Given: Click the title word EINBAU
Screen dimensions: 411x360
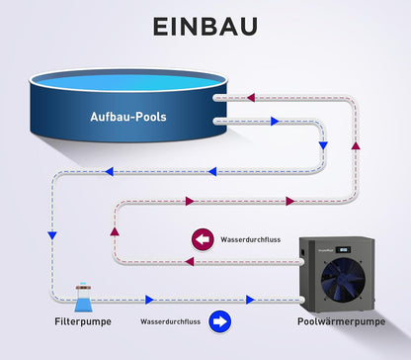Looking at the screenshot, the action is (x=205, y=27).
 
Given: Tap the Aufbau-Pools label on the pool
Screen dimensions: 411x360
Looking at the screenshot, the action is (x=128, y=117).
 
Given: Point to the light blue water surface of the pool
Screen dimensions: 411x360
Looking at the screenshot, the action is (x=128, y=82).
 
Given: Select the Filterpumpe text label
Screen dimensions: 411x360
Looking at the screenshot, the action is (x=83, y=321).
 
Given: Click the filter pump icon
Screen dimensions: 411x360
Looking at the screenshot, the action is (x=83, y=298).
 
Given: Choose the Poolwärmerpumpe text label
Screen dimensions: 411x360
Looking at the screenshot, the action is (x=341, y=321).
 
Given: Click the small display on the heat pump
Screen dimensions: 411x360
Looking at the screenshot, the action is (x=343, y=250).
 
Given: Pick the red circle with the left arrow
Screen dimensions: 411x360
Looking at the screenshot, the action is (x=203, y=239).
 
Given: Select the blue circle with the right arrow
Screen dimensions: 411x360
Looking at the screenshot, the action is (x=219, y=321).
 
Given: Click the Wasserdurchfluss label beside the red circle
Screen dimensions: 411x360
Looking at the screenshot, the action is (x=251, y=239).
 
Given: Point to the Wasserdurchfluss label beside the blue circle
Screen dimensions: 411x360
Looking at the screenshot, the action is (x=170, y=321).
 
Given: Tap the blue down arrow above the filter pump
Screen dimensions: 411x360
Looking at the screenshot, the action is (x=52, y=235).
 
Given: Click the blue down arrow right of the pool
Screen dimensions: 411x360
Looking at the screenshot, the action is (x=323, y=145).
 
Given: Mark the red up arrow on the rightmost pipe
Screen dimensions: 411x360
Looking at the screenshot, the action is (x=356, y=145).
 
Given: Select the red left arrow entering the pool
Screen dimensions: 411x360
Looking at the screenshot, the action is (x=251, y=98).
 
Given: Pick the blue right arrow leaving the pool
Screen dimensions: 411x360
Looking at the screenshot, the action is (x=275, y=122).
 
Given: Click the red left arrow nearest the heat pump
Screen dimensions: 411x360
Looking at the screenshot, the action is (x=189, y=262).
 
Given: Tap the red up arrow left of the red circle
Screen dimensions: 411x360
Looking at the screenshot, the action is (x=115, y=231).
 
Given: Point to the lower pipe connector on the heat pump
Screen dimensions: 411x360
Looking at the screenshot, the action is (x=302, y=300).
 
